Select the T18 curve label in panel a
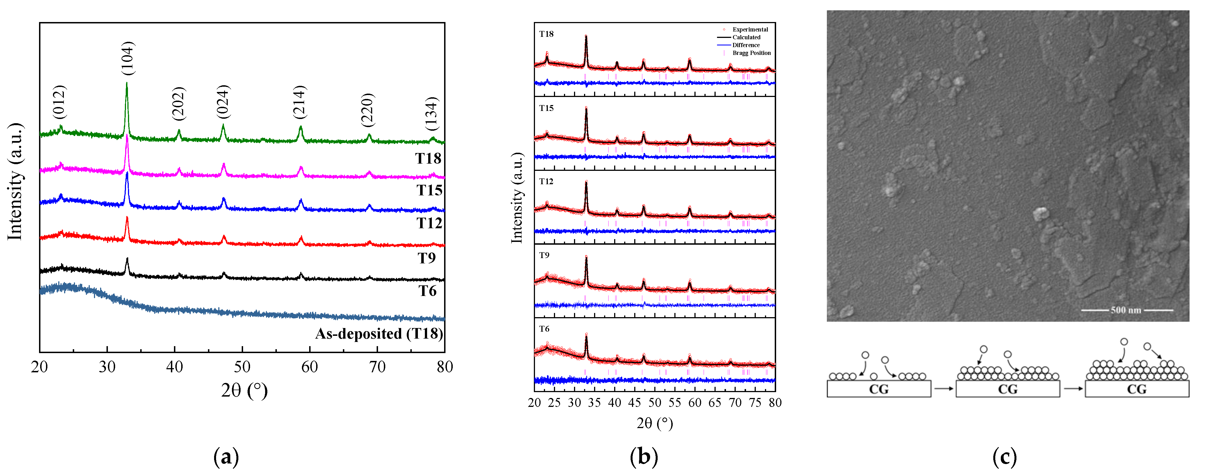pos(428,159)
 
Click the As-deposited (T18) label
pos(379,334)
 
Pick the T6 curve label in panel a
pos(427,291)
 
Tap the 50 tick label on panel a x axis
pos(242,367)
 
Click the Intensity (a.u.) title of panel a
pos(15,182)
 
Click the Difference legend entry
pos(746,45)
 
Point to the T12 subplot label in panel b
pos(546,182)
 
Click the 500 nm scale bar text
pos(1126,310)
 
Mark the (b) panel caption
pos(644,456)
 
